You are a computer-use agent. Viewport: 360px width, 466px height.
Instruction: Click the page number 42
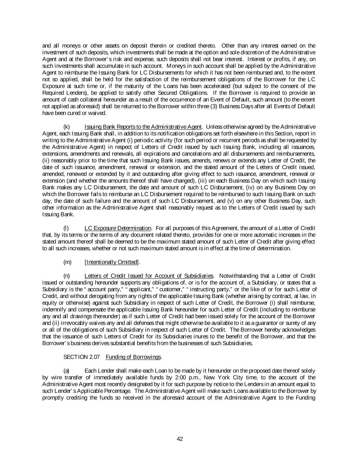point(180,439)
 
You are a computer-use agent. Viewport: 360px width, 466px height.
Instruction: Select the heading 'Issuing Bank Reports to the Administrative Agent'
point(143,127)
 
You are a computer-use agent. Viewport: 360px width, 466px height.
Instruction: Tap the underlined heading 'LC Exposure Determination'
point(118,228)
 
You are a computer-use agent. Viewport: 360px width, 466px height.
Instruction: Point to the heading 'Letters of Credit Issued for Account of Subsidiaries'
point(149,276)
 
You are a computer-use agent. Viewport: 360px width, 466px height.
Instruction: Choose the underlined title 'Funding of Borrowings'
point(133,357)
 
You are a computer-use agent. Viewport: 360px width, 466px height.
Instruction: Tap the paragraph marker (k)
point(67,127)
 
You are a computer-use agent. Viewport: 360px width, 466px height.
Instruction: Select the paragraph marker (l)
point(66,228)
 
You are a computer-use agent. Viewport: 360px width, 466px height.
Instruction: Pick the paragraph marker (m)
point(68,262)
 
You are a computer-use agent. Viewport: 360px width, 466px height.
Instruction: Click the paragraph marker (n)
point(67,276)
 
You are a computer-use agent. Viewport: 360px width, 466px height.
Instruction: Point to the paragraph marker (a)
point(67,370)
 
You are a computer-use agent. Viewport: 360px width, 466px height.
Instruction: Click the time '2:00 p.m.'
point(186,377)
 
